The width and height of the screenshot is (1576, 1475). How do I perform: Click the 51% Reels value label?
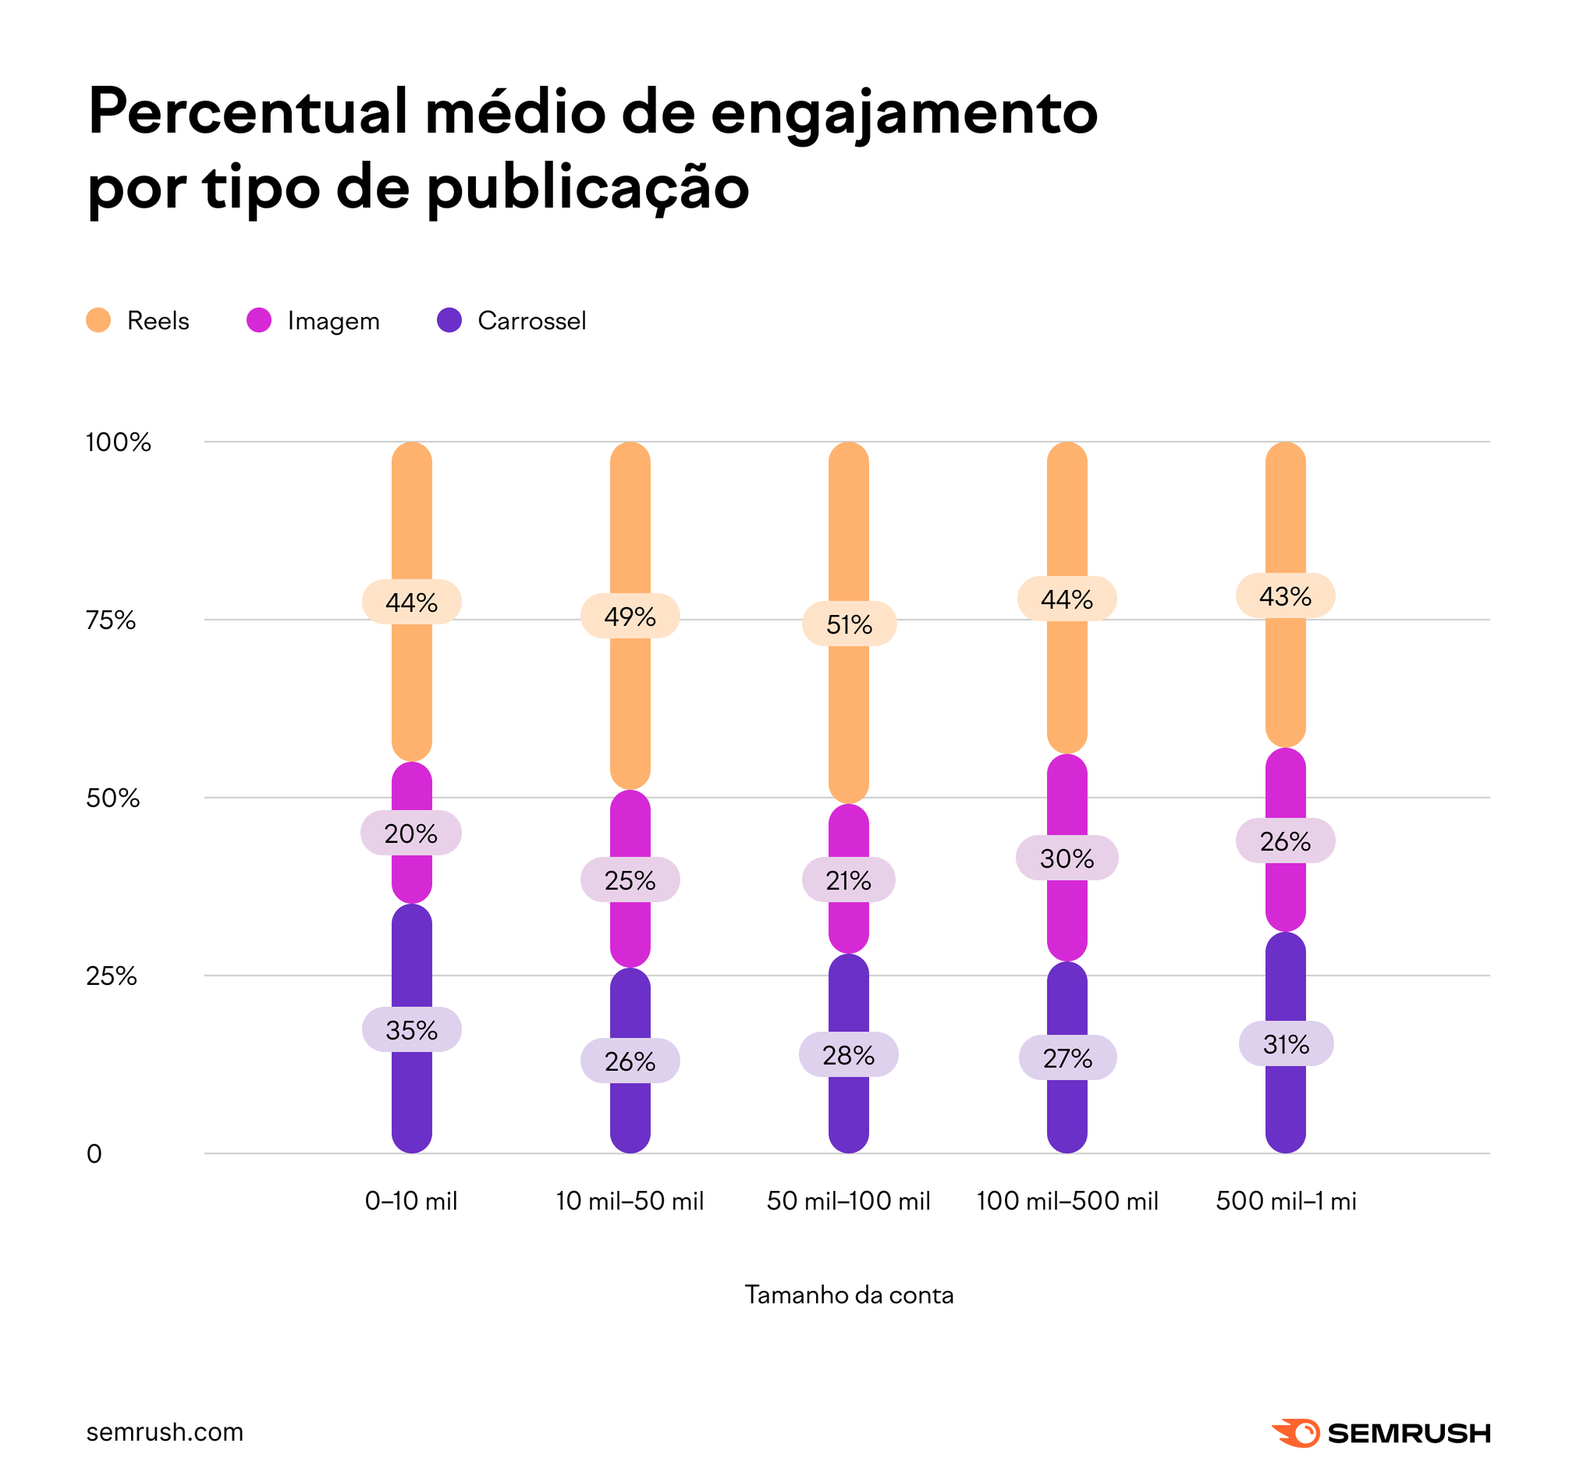tap(849, 624)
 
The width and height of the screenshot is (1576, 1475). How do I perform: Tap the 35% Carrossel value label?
tap(411, 1029)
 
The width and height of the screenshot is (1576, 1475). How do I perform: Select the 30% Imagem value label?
tap(1067, 858)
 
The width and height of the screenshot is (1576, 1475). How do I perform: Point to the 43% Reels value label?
tap(1285, 595)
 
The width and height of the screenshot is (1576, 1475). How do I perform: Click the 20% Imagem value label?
tap(410, 833)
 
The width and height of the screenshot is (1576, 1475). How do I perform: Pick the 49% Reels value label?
tap(630, 617)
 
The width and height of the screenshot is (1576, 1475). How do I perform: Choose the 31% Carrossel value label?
tap(1286, 1043)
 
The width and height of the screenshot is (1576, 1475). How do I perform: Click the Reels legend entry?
tap(138, 321)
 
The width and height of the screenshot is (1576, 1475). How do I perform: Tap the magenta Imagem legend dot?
tap(259, 321)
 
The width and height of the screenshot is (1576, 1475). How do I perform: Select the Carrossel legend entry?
tap(512, 321)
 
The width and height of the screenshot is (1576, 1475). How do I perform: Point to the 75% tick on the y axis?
tap(111, 620)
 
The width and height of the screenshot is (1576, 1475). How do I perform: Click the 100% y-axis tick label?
tap(118, 442)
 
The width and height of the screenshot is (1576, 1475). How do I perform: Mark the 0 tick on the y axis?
tap(94, 1153)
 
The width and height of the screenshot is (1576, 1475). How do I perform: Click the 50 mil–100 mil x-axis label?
tap(848, 1200)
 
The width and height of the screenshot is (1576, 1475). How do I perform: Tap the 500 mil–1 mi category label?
tap(1286, 1200)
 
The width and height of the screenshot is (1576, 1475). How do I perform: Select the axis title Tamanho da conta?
tap(849, 1295)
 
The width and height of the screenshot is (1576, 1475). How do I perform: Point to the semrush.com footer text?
tap(165, 1432)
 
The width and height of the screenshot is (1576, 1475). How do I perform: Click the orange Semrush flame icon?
tap(1295, 1433)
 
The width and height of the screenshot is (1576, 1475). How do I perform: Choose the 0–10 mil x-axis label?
tap(411, 1200)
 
